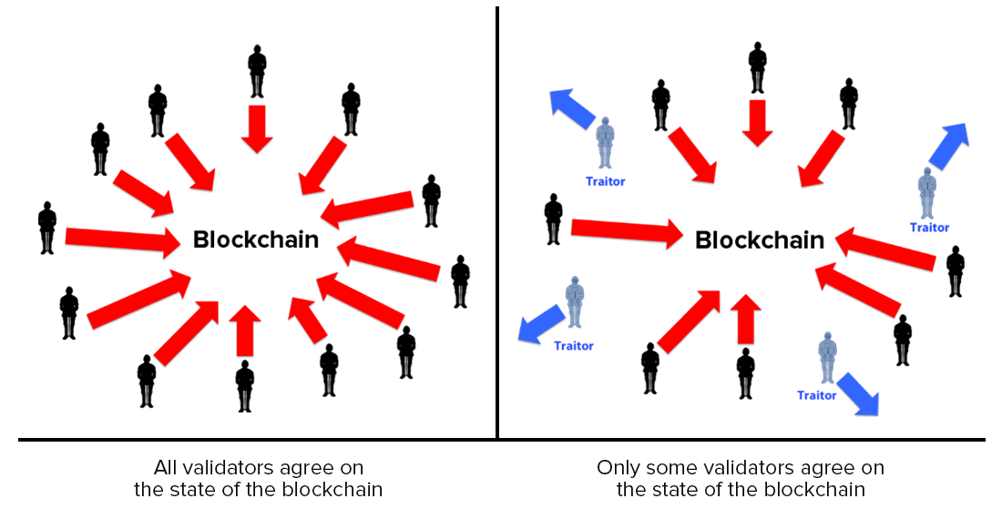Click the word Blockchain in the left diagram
click(x=256, y=240)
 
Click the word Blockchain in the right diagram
click(x=759, y=240)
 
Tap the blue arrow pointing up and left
click(x=571, y=107)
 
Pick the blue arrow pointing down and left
click(x=540, y=322)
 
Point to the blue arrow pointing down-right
click(x=858, y=393)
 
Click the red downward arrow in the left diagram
click(x=257, y=127)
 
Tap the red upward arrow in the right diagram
click(x=746, y=319)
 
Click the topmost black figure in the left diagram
click(x=257, y=70)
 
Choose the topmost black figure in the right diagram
click(x=757, y=67)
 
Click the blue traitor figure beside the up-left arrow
click(x=605, y=143)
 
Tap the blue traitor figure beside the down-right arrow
click(x=827, y=357)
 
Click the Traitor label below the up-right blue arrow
click(x=929, y=228)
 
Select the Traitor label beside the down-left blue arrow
click(x=574, y=346)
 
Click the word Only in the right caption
click(x=618, y=468)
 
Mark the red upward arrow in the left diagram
click(x=243, y=330)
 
